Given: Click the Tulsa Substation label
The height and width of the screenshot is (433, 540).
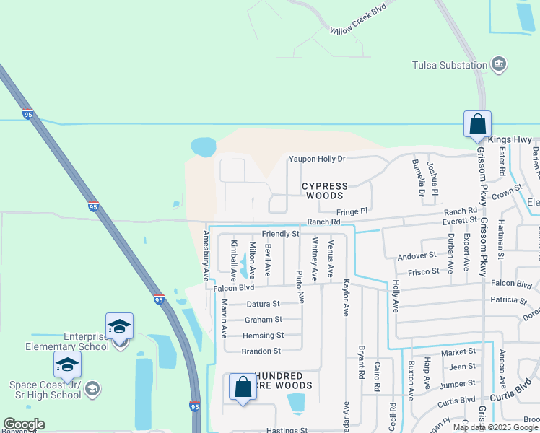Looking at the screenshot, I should coord(450,66).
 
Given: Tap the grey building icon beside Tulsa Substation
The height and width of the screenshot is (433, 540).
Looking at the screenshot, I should coord(498,65).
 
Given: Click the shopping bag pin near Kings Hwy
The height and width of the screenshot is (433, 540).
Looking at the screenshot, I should coord(477,124).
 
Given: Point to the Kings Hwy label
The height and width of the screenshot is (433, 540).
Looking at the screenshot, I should coord(510,140).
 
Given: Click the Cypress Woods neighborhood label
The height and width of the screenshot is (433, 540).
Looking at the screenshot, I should coord(324,191).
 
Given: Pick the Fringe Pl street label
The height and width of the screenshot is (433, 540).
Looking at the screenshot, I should coord(352,211).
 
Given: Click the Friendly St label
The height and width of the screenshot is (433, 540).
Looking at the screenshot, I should coord(280,234).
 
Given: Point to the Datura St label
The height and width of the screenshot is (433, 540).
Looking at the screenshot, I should coord(263,304).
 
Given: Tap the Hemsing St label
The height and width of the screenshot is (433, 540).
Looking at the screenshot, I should coord(263,336).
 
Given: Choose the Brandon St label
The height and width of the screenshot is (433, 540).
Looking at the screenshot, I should coord(261,351).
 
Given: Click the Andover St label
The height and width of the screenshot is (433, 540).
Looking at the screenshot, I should coord(417,255).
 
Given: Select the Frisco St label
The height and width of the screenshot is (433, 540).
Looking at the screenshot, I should coord(423,271).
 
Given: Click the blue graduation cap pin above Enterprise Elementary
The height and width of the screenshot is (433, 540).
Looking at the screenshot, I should coord(119,326).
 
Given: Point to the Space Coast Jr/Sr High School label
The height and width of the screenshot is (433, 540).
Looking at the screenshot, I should coord(45,390).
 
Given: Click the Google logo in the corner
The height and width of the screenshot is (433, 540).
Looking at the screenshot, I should coord(24,424).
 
